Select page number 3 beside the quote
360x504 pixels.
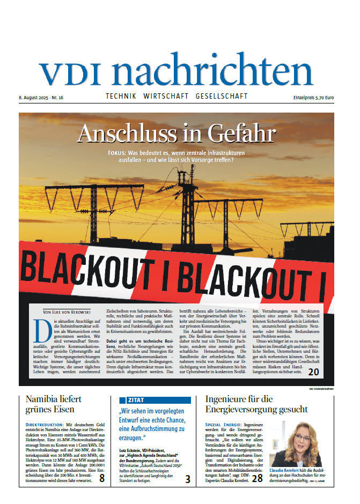pyautogui.click(x=188, y=479)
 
